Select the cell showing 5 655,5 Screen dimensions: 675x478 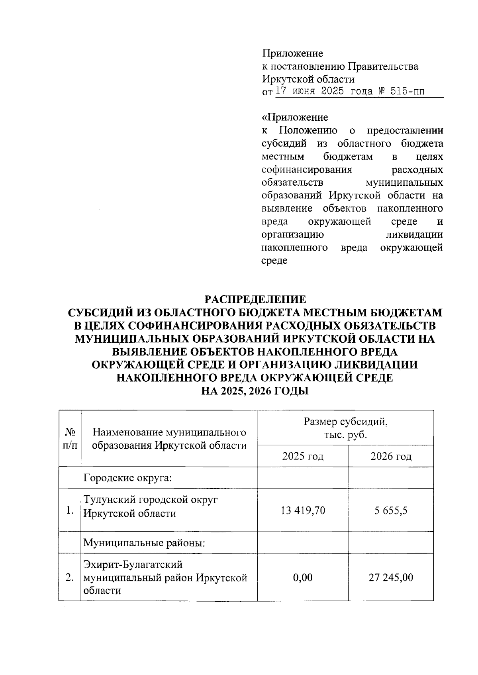[390, 510]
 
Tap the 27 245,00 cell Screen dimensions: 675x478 [390, 577]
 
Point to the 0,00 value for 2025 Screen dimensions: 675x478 [302, 577]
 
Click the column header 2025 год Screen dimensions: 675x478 [302, 456]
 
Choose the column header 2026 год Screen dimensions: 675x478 [391, 456]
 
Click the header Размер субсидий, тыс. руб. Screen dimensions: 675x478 [345, 428]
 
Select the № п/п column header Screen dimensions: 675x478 [70, 438]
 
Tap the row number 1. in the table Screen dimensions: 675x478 [70, 510]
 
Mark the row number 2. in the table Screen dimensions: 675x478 [70, 577]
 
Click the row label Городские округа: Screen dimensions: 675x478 [127, 477]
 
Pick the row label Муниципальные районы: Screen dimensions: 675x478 [144, 543]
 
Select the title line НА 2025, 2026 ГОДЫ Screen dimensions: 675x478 [255, 391]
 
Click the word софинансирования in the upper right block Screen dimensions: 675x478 [307, 170]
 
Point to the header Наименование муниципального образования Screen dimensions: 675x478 [169, 438]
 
